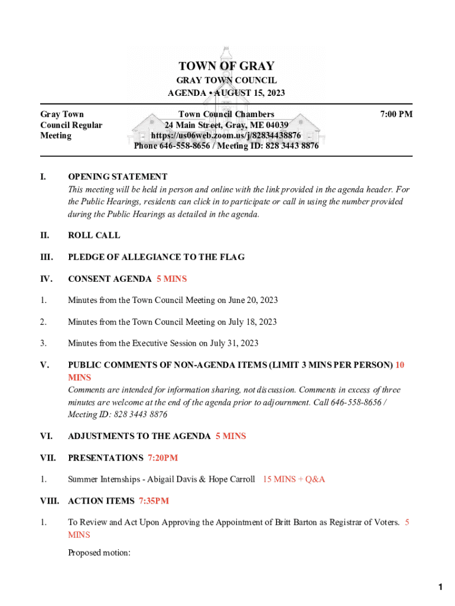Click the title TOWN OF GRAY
click(226, 66)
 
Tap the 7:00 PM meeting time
click(395, 114)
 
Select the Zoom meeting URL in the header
click(226, 136)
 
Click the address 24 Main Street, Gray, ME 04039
click(226, 125)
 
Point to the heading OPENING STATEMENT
click(118, 176)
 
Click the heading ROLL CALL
click(94, 235)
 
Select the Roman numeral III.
click(47, 257)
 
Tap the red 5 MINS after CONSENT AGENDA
click(171, 279)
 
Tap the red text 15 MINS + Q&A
click(294, 479)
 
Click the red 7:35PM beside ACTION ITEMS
click(154, 501)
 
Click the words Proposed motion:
click(99, 553)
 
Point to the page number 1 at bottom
click(440, 587)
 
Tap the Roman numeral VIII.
click(50, 501)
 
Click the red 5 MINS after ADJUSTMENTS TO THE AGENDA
click(230, 436)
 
